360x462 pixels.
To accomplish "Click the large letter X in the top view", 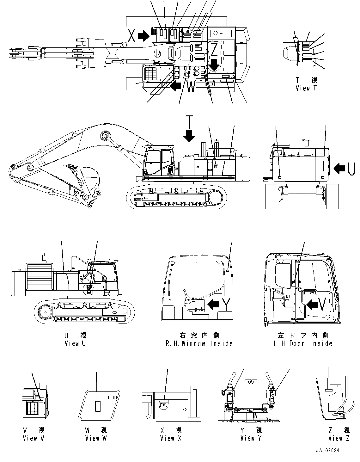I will pyautogui.click(x=132, y=35).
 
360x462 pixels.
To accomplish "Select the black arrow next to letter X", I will pyautogui.click(x=144, y=36).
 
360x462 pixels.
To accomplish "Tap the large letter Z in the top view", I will pyautogui.click(x=214, y=50).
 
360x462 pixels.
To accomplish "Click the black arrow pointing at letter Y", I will pyautogui.click(x=214, y=304).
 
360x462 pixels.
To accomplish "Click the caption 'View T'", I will pyautogui.click(x=306, y=89).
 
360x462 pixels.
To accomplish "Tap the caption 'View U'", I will pyautogui.click(x=75, y=343).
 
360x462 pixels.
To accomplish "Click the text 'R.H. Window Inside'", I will pyautogui.click(x=199, y=343).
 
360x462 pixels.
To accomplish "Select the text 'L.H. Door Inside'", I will pyautogui.click(x=303, y=343).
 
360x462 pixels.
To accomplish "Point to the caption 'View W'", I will pyautogui.click(x=96, y=438).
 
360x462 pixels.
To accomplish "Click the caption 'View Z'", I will pyautogui.click(x=339, y=438).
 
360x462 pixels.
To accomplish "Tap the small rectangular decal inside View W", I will pyautogui.click(x=98, y=406).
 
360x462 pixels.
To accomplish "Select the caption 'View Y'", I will pyautogui.click(x=251, y=438).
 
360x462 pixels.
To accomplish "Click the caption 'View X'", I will pyautogui.click(x=171, y=438).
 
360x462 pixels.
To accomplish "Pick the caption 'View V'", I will pyautogui.click(x=34, y=438).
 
